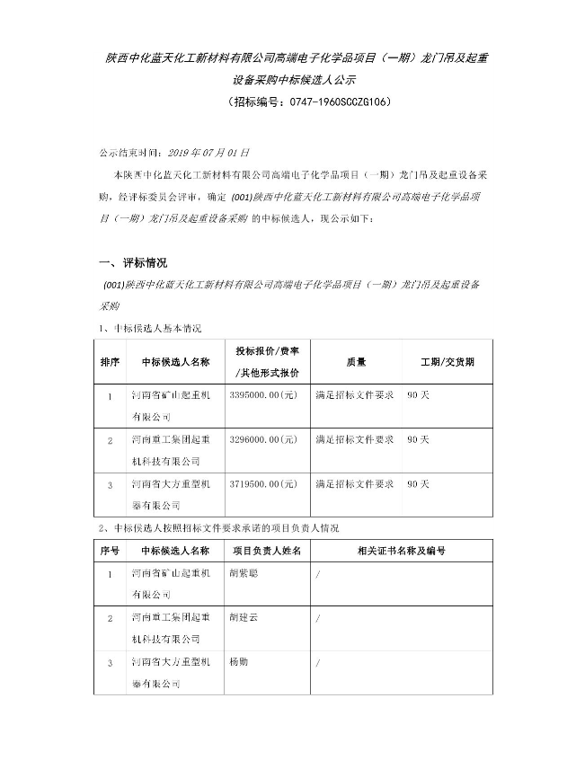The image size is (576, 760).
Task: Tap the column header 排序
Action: coord(110,361)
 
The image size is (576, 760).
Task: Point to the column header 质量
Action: coord(356,361)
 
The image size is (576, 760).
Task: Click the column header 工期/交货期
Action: coord(447,361)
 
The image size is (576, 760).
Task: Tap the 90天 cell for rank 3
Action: coord(418,484)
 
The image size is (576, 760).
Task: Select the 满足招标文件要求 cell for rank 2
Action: coord(355,440)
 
